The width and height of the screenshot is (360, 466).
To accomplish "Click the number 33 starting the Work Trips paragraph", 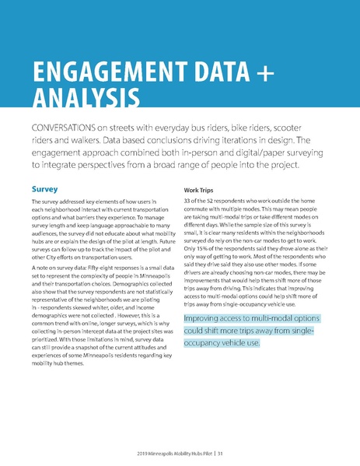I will click(187, 202).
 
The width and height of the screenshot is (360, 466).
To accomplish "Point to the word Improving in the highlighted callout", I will click(207, 319).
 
